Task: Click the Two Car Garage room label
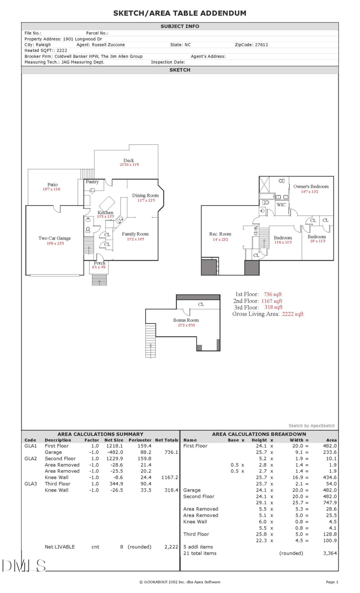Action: (54, 238)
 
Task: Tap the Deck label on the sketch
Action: (129, 160)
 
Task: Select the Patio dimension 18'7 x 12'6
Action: (51, 190)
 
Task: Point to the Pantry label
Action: (92, 182)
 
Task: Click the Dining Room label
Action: (145, 195)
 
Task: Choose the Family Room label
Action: (135, 234)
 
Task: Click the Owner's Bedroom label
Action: (311, 186)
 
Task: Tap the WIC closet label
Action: (281, 205)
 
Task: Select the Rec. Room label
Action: (220, 234)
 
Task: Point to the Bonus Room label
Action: (186, 320)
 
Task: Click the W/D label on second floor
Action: (255, 231)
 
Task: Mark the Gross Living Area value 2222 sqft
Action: (292, 314)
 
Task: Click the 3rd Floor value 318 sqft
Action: (273, 308)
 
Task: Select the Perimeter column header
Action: (140, 440)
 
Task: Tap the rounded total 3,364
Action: (330, 553)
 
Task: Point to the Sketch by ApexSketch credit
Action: (311, 426)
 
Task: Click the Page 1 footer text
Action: (332, 582)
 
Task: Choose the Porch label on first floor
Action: (99, 263)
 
